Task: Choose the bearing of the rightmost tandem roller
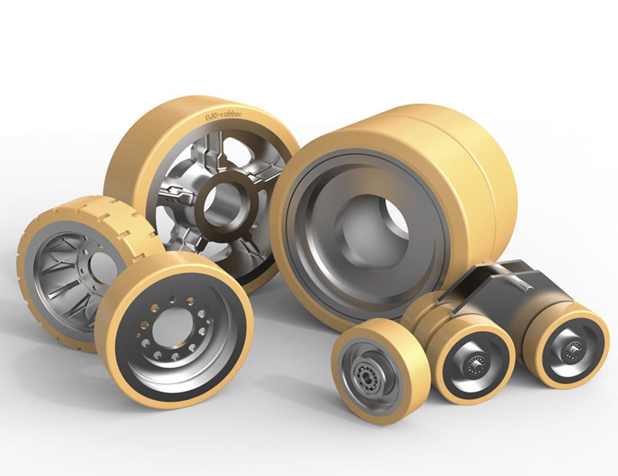point(570,350)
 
